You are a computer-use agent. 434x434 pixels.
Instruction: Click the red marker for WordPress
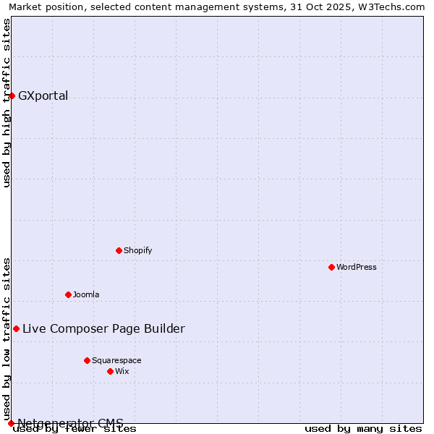tap(331, 267)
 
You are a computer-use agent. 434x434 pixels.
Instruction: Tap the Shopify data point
tap(119, 250)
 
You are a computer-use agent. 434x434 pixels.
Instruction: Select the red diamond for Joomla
tap(68, 294)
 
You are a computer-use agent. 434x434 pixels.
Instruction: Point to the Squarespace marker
tap(87, 360)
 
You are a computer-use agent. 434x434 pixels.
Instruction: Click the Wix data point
tap(110, 371)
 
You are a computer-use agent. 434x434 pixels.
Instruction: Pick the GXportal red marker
tap(12, 95)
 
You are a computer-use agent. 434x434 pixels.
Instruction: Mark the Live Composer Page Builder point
tap(16, 328)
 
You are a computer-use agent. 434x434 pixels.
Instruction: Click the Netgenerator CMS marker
tap(11, 423)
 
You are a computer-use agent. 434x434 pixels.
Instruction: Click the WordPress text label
tap(357, 267)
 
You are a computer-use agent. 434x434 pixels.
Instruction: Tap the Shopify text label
tap(137, 250)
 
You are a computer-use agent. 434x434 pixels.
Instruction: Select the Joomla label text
tap(86, 294)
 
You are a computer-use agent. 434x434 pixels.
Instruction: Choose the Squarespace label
tap(116, 360)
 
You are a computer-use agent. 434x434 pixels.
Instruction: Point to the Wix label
tap(122, 371)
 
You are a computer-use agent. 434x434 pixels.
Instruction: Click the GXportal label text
tap(43, 95)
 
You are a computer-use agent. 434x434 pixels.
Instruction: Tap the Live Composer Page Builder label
tap(103, 328)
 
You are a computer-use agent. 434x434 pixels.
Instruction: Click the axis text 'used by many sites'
tap(363, 428)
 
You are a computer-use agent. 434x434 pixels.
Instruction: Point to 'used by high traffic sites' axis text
tap(7, 103)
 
